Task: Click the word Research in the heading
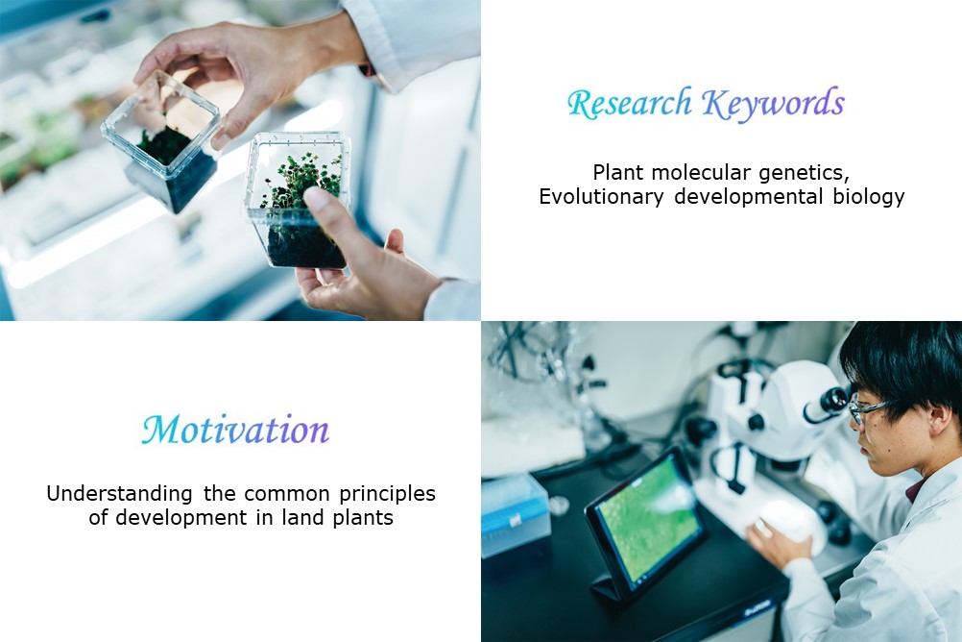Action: (630, 103)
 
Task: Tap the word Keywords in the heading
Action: (773, 103)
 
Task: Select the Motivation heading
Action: (235, 430)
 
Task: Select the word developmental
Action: (749, 197)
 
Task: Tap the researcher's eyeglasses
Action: (865, 410)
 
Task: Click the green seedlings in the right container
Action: (300, 182)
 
